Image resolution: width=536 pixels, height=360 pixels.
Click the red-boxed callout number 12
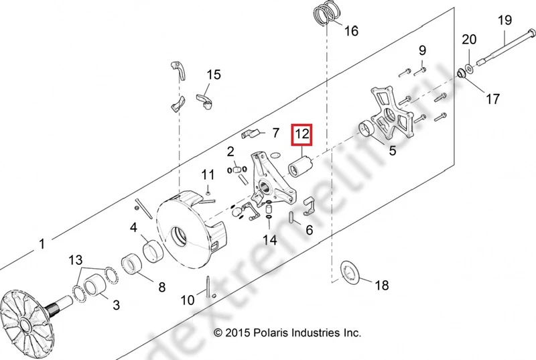(302, 134)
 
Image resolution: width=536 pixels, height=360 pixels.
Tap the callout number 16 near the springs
(351, 31)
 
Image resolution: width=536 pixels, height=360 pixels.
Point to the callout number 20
(469, 39)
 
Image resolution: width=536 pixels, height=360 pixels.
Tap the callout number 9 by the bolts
(423, 50)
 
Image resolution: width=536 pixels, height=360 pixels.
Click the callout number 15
(213, 74)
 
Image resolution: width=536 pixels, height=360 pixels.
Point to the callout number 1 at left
(42, 244)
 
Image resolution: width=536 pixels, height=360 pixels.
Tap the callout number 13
(76, 259)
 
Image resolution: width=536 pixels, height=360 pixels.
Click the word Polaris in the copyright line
(267, 333)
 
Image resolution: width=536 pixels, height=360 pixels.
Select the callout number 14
(269, 239)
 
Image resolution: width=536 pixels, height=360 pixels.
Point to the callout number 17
(492, 99)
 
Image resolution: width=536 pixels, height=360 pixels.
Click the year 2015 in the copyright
(237, 333)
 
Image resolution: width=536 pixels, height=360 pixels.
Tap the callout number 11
(208, 175)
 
